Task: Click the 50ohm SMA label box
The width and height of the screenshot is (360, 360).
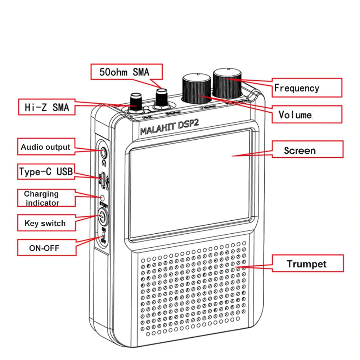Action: coord(126,72)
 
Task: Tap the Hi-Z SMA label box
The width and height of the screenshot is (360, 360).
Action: coord(47,107)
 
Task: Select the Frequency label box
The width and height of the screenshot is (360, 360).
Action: coord(306,87)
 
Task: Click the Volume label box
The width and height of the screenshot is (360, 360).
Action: coord(306,114)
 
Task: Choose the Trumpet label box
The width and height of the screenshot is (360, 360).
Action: coord(307,264)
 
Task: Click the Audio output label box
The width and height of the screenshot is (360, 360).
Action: coord(46,147)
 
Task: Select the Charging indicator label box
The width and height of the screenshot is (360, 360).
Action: coord(46,198)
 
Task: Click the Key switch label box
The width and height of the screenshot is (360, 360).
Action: coord(46,223)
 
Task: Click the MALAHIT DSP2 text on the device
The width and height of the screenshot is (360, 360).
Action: coord(169,128)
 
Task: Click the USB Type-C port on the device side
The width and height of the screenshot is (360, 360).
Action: coord(103,180)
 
